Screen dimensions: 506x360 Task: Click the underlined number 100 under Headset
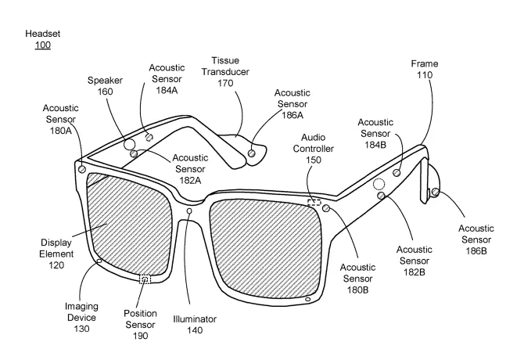[x=43, y=45]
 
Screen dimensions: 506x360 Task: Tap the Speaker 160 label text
[x=106, y=86]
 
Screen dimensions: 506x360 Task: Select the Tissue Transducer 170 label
[x=225, y=72]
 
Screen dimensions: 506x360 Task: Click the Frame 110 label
[x=425, y=69]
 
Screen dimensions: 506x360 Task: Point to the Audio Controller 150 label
[x=314, y=149]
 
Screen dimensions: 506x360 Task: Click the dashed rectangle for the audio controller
[x=314, y=203]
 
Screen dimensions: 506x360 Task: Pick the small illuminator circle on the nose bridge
[x=189, y=211]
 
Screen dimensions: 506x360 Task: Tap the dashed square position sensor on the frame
[x=145, y=279]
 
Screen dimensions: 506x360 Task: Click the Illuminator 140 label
[x=195, y=325]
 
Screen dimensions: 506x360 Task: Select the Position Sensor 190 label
[x=140, y=325]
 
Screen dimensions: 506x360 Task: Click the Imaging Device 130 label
[x=81, y=318]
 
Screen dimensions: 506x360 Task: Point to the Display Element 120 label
[x=56, y=254]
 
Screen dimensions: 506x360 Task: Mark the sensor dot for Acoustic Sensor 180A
[x=82, y=169]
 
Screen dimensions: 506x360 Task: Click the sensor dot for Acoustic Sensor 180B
[x=326, y=208]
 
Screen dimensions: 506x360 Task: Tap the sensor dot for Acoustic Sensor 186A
[x=252, y=153]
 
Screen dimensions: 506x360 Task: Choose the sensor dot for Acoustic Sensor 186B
[x=436, y=192]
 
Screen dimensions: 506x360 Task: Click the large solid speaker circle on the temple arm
[x=129, y=144]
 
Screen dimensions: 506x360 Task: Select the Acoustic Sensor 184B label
[x=375, y=133]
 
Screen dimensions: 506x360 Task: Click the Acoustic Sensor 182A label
[x=190, y=169]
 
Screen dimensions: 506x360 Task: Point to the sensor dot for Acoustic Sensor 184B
[x=397, y=173]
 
